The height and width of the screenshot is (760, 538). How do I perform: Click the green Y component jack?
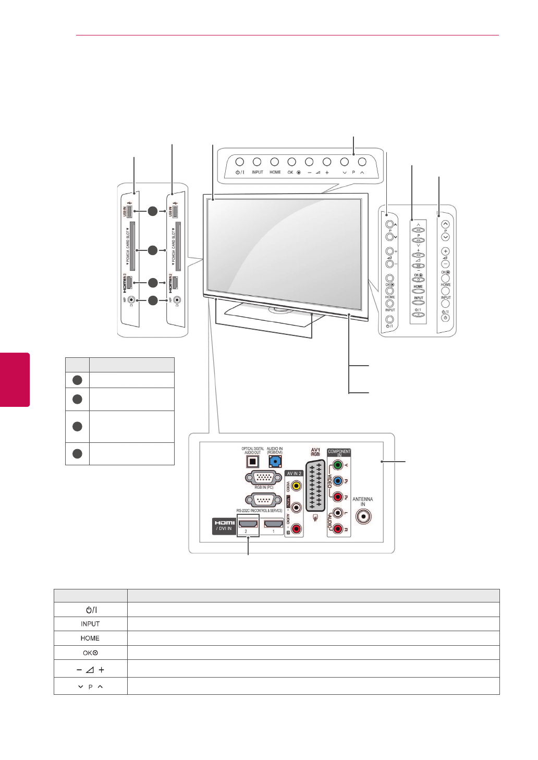tap(338, 465)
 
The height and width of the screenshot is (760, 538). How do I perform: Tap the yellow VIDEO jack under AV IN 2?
tap(296, 486)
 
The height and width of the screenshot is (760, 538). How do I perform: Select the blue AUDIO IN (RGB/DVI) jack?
tap(275, 461)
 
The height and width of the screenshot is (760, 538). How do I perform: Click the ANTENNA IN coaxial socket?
tap(363, 516)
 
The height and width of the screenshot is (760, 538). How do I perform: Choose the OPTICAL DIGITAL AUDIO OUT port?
tap(252, 462)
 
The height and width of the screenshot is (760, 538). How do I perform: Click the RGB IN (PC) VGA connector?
tap(264, 477)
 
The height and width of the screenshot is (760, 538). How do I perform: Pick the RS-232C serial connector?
tap(264, 500)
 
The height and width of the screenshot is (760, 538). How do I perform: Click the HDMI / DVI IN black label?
tap(224, 525)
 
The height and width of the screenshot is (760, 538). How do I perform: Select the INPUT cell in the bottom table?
tap(90, 624)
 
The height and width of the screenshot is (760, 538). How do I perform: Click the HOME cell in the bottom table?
tap(90, 638)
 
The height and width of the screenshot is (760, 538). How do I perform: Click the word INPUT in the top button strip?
tap(258, 172)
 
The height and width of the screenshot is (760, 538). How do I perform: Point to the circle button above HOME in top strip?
tap(275, 162)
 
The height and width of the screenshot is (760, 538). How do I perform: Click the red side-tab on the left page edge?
tap(15, 379)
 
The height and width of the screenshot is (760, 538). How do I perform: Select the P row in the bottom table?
tap(90, 686)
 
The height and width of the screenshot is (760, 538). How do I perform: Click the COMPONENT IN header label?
tap(339, 452)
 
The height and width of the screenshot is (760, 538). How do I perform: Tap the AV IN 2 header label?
tap(294, 474)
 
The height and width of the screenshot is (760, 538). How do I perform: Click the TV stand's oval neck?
tap(281, 310)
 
